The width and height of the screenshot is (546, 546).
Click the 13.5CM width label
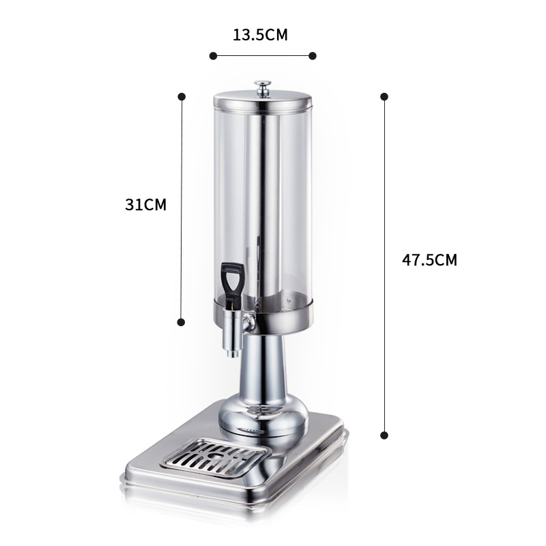point(260,35)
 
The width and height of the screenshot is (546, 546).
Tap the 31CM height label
point(145,204)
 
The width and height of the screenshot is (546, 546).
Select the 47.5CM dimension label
point(429,259)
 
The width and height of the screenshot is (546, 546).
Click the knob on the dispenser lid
point(263,87)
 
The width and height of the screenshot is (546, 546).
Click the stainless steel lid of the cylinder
point(263,103)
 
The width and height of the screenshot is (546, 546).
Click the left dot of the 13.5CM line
point(213,55)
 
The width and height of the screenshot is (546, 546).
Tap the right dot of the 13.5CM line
point(313,55)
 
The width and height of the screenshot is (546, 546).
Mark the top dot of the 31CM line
point(182,97)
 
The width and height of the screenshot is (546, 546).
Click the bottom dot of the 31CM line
point(182,321)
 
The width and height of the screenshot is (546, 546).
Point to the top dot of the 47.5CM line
point(384,97)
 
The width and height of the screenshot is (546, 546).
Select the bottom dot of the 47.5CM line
point(384,434)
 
